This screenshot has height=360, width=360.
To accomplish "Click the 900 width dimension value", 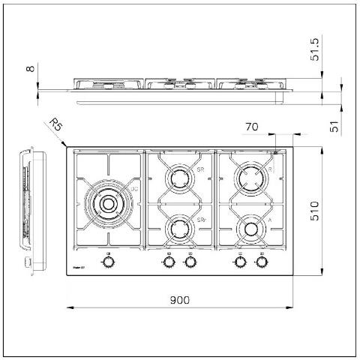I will click(179, 299).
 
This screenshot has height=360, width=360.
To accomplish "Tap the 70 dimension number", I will click(251, 128).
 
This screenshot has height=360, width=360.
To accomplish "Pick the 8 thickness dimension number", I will click(30, 69).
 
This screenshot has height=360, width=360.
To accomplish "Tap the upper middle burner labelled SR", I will click(180, 178).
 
